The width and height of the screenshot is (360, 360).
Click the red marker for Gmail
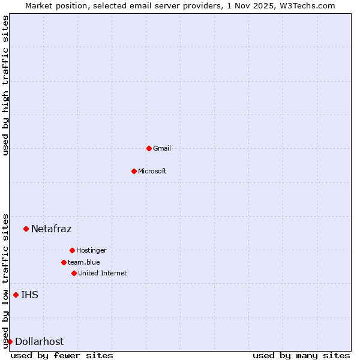(x=149, y=148)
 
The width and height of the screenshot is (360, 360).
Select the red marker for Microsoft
(x=134, y=171)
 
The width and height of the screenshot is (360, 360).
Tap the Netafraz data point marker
(x=26, y=229)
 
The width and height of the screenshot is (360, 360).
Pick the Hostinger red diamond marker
(x=72, y=250)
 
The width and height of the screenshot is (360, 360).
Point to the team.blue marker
(x=64, y=262)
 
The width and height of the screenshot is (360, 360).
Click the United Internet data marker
(x=74, y=273)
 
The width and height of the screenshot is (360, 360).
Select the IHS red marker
(x=16, y=295)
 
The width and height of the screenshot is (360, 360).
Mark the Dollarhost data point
(x=10, y=341)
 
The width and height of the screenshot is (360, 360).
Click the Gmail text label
(x=162, y=148)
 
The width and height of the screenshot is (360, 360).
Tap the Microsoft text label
(x=152, y=171)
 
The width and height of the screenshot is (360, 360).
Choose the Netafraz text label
(x=51, y=229)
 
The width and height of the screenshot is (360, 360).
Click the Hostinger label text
(x=91, y=250)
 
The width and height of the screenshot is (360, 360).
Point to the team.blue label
(x=84, y=262)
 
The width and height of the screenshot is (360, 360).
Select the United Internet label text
(x=103, y=273)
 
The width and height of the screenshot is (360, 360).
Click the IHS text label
(x=29, y=295)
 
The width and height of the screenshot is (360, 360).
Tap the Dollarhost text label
(x=39, y=341)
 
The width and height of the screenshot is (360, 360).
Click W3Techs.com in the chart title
(x=309, y=5)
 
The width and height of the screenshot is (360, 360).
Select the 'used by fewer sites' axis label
(x=62, y=356)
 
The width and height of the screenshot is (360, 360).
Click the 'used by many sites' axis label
(x=301, y=356)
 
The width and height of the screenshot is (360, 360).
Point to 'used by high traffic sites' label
(x=5, y=85)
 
